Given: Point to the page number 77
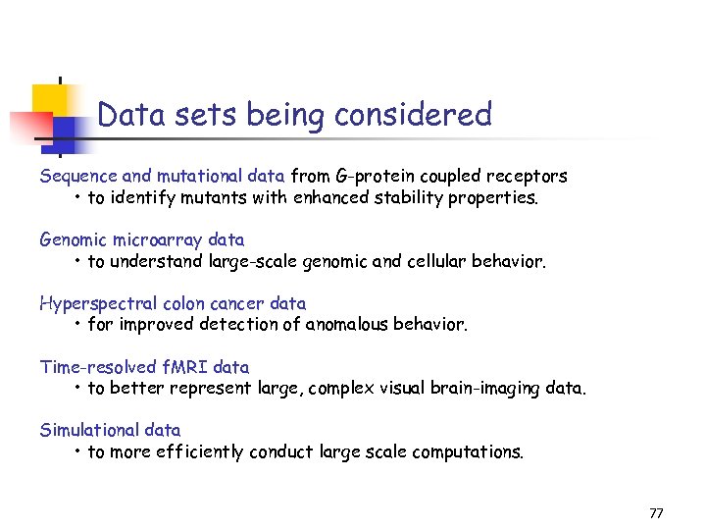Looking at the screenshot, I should coord(656,513).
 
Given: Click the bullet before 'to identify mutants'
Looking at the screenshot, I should coord(77,198).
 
